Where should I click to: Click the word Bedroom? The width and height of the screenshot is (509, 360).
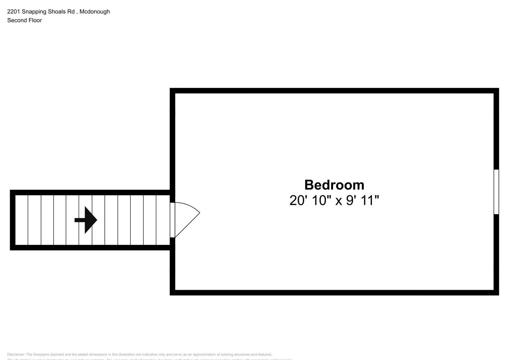coord(334,185)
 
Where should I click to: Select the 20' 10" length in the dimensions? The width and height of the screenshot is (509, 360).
coord(310,201)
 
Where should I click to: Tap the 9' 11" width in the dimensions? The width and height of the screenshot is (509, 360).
coord(362,201)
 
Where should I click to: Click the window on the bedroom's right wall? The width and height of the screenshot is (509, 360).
coord(496,192)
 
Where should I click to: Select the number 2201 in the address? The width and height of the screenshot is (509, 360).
coord(14,12)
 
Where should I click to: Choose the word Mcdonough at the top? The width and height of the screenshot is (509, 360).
coord(95,12)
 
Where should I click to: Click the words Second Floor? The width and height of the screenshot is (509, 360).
coord(24,20)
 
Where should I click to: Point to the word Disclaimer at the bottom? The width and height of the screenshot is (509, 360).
coord(16,355)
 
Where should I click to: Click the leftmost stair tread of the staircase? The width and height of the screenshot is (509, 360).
coord(22,220)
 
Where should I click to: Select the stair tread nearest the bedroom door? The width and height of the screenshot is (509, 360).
coord(163,220)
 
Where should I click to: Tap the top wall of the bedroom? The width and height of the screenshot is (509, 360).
coord(334,91)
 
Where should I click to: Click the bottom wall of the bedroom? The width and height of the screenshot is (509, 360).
coord(334,292)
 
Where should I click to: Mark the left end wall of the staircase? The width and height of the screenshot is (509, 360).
coord(13,220)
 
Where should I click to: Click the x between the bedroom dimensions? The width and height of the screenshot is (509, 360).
coord(338,201)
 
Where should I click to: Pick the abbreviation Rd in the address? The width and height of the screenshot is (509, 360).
coord(71,12)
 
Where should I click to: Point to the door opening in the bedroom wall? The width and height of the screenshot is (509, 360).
coord(172,220)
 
